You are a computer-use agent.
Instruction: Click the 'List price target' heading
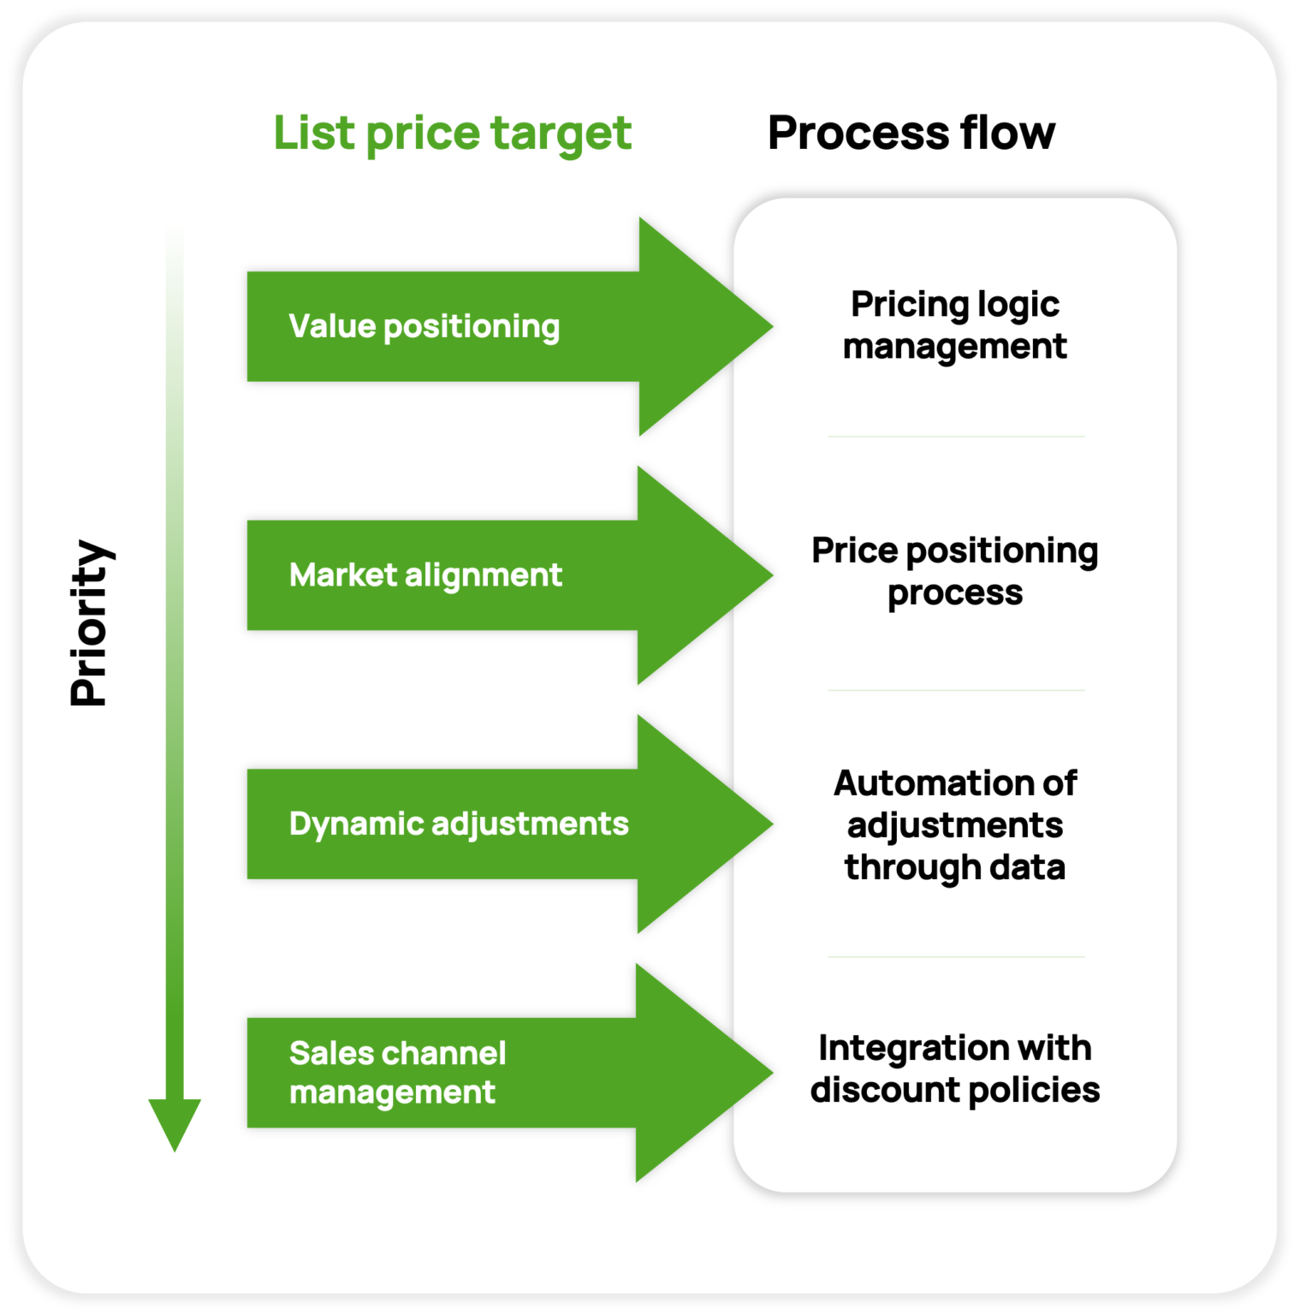click(x=452, y=134)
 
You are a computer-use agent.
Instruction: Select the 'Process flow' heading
click(x=911, y=133)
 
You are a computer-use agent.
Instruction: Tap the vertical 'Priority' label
click(x=90, y=623)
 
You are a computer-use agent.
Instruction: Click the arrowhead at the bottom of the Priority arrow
click(x=175, y=1122)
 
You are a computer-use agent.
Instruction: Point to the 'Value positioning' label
click(x=424, y=326)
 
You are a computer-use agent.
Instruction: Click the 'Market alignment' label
click(x=425, y=575)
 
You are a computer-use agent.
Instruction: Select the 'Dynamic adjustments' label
click(x=459, y=824)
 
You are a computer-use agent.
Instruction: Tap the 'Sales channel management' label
click(x=397, y=1072)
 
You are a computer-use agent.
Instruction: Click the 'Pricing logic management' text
click(x=954, y=325)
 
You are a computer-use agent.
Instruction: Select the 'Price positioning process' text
click(x=954, y=571)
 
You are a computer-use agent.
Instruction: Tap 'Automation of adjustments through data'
click(x=954, y=824)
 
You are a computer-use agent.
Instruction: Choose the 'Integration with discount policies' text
click(x=954, y=1068)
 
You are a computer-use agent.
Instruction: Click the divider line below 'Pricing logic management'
click(x=956, y=437)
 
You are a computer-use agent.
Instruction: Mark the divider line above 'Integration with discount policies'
click(x=956, y=957)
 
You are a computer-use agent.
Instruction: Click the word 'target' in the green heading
click(x=561, y=134)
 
